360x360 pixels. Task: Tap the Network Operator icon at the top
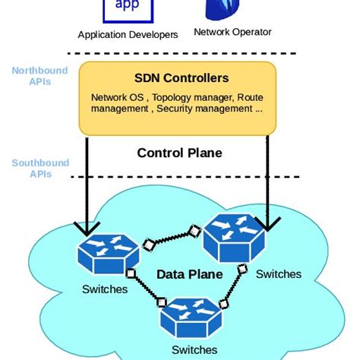click(x=223, y=9)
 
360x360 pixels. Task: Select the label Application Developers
click(x=128, y=35)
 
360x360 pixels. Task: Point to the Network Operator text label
click(x=232, y=32)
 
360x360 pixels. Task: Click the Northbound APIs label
click(x=39, y=77)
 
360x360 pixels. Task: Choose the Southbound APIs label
click(x=39, y=169)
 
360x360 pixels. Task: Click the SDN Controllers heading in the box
click(x=181, y=78)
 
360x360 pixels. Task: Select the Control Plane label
click(x=179, y=153)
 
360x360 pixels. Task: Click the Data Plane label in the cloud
click(x=189, y=274)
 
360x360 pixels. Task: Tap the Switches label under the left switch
click(x=105, y=289)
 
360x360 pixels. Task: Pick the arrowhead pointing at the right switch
click(x=267, y=223)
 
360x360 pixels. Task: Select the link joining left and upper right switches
click(x=171, y=236)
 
